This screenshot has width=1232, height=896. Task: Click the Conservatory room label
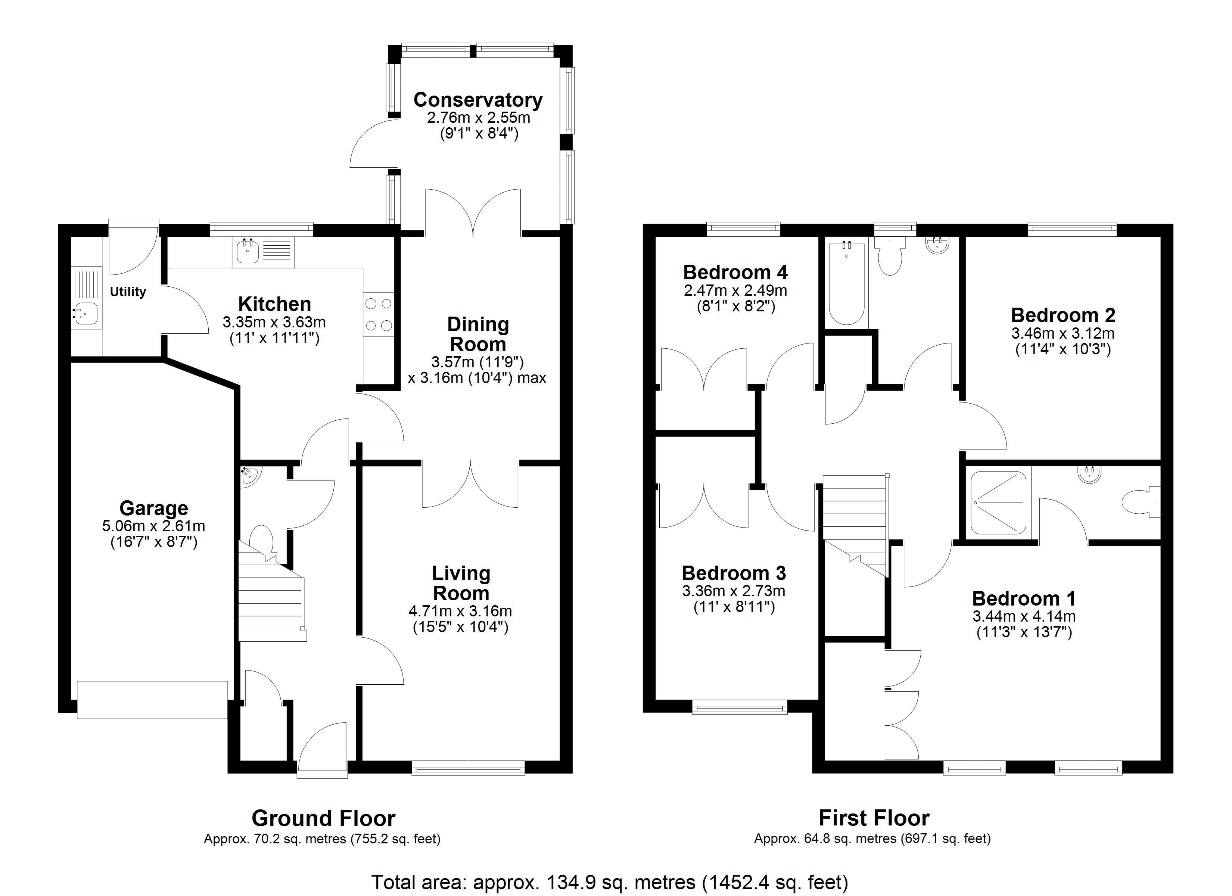(477, 100)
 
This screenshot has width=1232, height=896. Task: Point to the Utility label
(128, 292)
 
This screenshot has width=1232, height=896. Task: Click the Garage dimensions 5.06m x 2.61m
(154, 526)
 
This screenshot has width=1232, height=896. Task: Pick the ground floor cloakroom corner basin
(249, 476)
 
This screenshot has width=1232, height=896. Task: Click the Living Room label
(461, 583)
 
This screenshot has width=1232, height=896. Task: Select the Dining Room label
(478, 334)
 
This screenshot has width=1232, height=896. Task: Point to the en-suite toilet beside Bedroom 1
(1141, 502)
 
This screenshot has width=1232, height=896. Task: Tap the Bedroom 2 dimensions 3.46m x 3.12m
(1063, 333)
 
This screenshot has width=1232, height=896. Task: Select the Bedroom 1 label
(1024, 598)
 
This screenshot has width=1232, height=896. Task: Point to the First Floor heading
(874, 817)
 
